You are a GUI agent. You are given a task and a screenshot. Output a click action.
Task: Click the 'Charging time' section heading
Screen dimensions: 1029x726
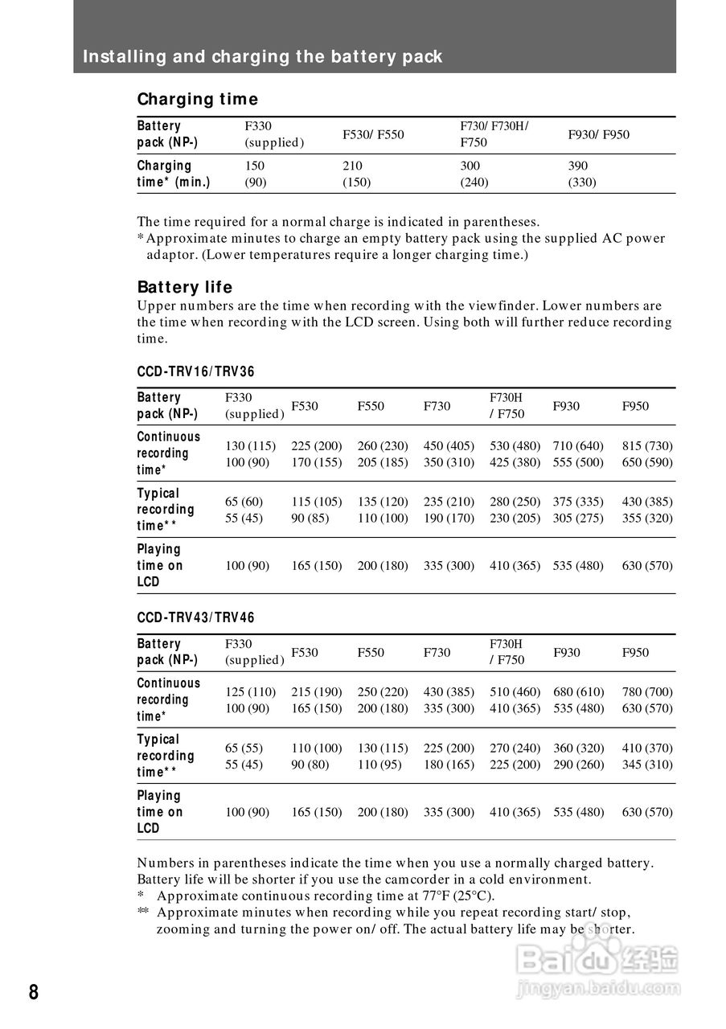[198, 100]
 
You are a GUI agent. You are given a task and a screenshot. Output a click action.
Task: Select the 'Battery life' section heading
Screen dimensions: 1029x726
[185, 287]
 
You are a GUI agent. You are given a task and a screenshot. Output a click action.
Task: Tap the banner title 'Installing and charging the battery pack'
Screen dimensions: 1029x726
[263, 57]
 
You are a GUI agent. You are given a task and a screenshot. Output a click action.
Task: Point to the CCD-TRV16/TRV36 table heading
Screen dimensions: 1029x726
[195, 371]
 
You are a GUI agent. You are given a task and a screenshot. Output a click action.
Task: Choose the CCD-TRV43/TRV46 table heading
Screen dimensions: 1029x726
[195, 617]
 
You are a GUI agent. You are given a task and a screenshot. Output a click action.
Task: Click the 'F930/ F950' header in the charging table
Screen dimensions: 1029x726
[599, 134]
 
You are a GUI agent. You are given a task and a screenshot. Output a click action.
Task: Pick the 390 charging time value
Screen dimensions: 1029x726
[579, 166]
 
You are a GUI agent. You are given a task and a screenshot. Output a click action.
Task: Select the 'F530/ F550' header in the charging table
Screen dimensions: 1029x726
[374, 134]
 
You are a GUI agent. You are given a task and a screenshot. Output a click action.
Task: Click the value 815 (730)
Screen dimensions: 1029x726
[647, 445]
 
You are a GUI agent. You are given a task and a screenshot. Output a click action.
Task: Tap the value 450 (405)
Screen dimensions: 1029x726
[449, 445]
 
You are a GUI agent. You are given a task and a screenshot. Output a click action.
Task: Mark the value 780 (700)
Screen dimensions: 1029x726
[647, 691]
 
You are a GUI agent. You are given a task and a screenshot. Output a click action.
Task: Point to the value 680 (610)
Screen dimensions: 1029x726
[579, 691]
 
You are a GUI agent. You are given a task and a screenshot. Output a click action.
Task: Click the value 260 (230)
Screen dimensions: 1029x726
[383, 445]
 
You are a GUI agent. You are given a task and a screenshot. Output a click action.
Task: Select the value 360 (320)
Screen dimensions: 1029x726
[579, 748]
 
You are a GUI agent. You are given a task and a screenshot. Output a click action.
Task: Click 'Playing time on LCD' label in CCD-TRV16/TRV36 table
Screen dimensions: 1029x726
[159, 565]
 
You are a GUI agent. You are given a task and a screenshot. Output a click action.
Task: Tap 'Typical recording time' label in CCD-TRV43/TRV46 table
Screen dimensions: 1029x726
[165, 756]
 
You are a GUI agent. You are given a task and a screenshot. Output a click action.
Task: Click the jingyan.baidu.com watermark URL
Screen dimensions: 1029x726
[600, 989]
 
